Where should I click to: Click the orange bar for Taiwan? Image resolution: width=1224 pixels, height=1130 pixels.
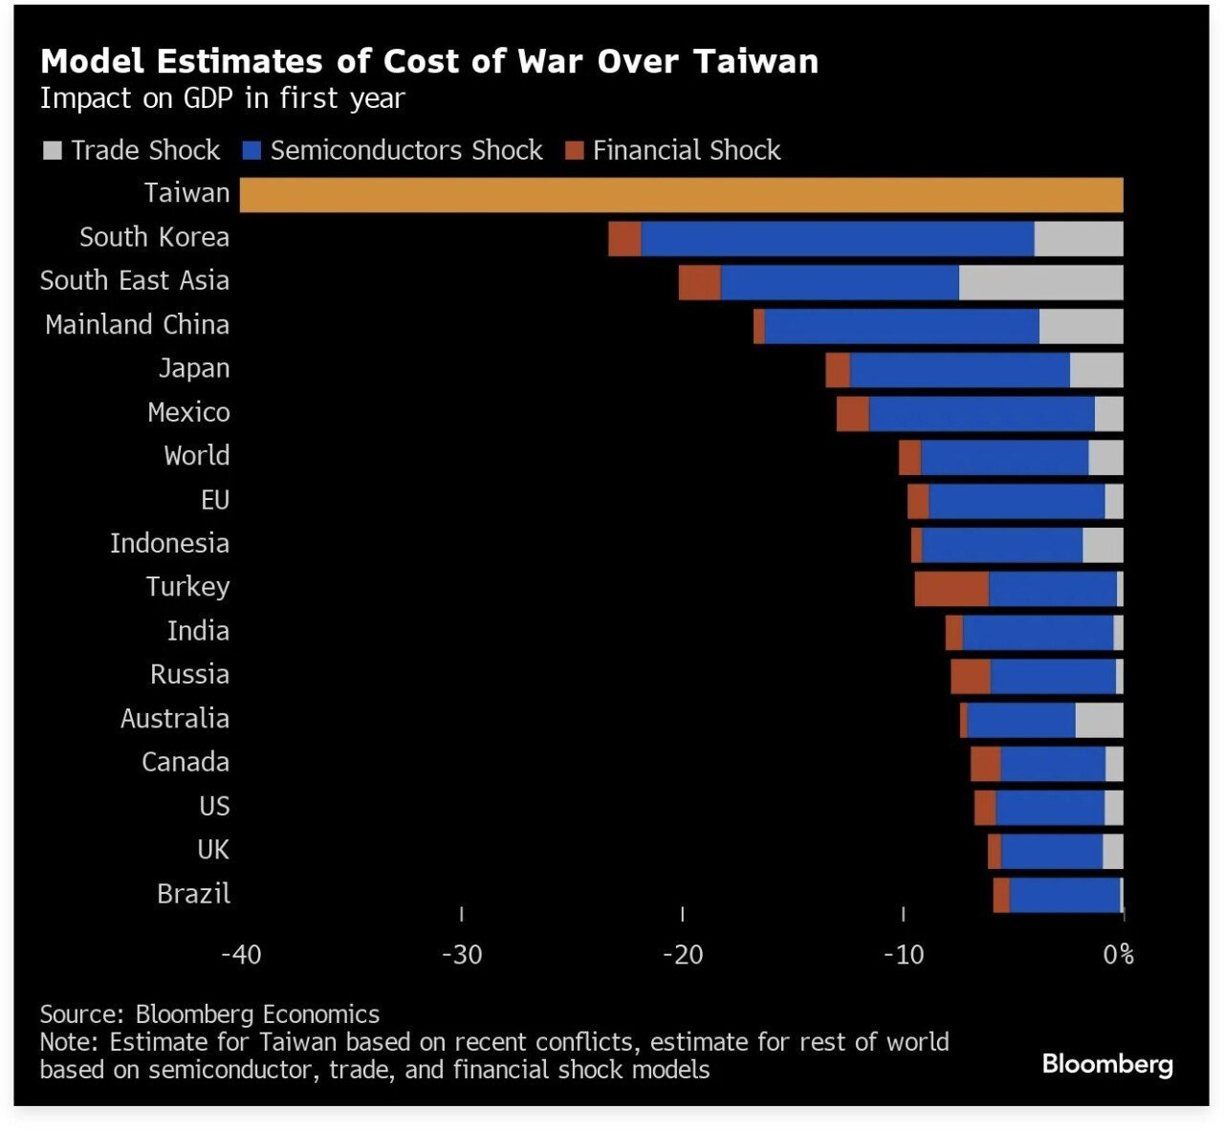click(x=681, y=195)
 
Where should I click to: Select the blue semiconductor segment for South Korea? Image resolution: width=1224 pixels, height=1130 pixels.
click(x=838, y=239)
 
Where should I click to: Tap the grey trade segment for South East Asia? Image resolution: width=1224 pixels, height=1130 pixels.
click(x=1040, y=283)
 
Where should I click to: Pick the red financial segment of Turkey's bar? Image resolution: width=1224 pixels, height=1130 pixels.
click(x=951, y=589)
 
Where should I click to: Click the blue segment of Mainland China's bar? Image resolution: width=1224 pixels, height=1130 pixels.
click(x=902, y=326)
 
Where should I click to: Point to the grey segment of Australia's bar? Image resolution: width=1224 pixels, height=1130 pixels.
click(x=1099, y=720)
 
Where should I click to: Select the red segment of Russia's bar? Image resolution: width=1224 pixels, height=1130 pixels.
click(x=971, y=677)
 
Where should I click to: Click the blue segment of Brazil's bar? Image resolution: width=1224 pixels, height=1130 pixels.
click(x=1064, y=896)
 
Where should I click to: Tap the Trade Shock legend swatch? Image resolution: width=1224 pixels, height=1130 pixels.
click(x=54, y=151)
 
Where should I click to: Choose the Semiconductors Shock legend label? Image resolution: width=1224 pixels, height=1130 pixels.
click(x=406, y=151)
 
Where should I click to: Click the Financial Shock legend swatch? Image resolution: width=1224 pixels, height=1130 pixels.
click(x=574, y=151)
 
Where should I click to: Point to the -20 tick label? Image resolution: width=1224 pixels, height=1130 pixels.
click(x=683, y=955)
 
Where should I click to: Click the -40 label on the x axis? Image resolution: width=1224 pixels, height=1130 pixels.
click(x=241, y=955)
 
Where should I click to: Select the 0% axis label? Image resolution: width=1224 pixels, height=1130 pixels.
click(x=1118, y=955)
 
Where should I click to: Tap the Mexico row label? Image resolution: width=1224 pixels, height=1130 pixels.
click(x=188, y=413)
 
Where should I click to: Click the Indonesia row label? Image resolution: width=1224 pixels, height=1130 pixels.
click(x=169, y=544)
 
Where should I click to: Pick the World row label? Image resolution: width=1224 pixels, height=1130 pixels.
click(x=196, y=456)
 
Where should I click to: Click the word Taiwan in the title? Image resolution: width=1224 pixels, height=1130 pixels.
click(x=755, y=61)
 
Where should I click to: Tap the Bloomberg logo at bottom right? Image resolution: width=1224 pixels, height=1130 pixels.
click(x=1107, y=1064)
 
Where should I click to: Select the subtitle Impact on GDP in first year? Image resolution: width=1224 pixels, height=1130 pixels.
click(x=223, y=98)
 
